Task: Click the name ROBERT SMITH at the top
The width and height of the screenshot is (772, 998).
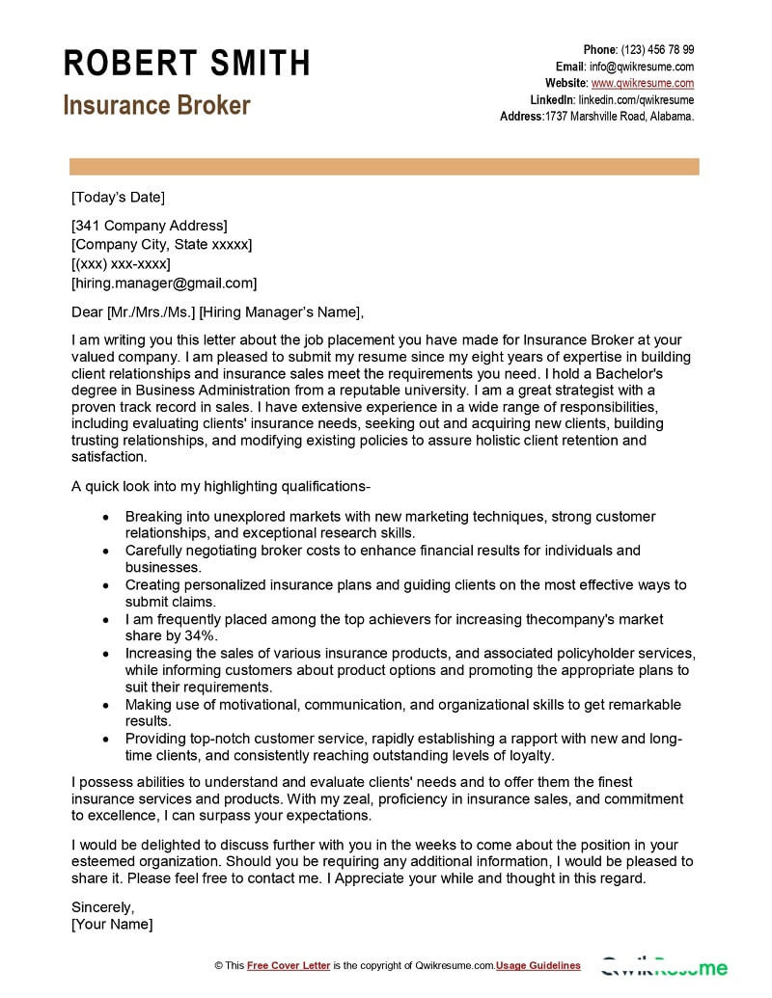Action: [x=187, y=64]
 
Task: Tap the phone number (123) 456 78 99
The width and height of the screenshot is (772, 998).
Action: [x=657, y=50]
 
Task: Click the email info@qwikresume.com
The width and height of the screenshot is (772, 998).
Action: [x=642, y=67]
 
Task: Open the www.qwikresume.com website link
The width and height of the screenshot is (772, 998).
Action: [x=643, y=83]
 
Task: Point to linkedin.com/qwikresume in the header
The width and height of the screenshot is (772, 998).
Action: [x=636, y=99]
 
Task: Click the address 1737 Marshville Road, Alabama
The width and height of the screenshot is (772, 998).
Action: [x=620, y=116]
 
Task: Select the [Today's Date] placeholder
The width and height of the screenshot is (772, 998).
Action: [x=118, y=198]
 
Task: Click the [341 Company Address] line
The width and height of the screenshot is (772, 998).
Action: [x=150, y=226]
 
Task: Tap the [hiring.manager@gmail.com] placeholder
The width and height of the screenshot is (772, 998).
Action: [x=164, y=283]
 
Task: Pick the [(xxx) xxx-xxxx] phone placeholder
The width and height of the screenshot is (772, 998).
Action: [x=121, y=263]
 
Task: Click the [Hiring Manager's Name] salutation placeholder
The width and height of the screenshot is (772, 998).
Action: [x=281, y=311]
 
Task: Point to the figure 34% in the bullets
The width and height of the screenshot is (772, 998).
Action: [x=202, y=635]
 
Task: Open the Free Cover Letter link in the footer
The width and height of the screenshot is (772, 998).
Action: [x=289, y=965]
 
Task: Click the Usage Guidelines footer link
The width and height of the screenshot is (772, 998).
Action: [x=538, y=965]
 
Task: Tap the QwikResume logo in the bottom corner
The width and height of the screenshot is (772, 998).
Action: [x=665, y=966]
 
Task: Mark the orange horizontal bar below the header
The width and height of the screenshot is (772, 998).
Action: [x=384, y=168]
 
